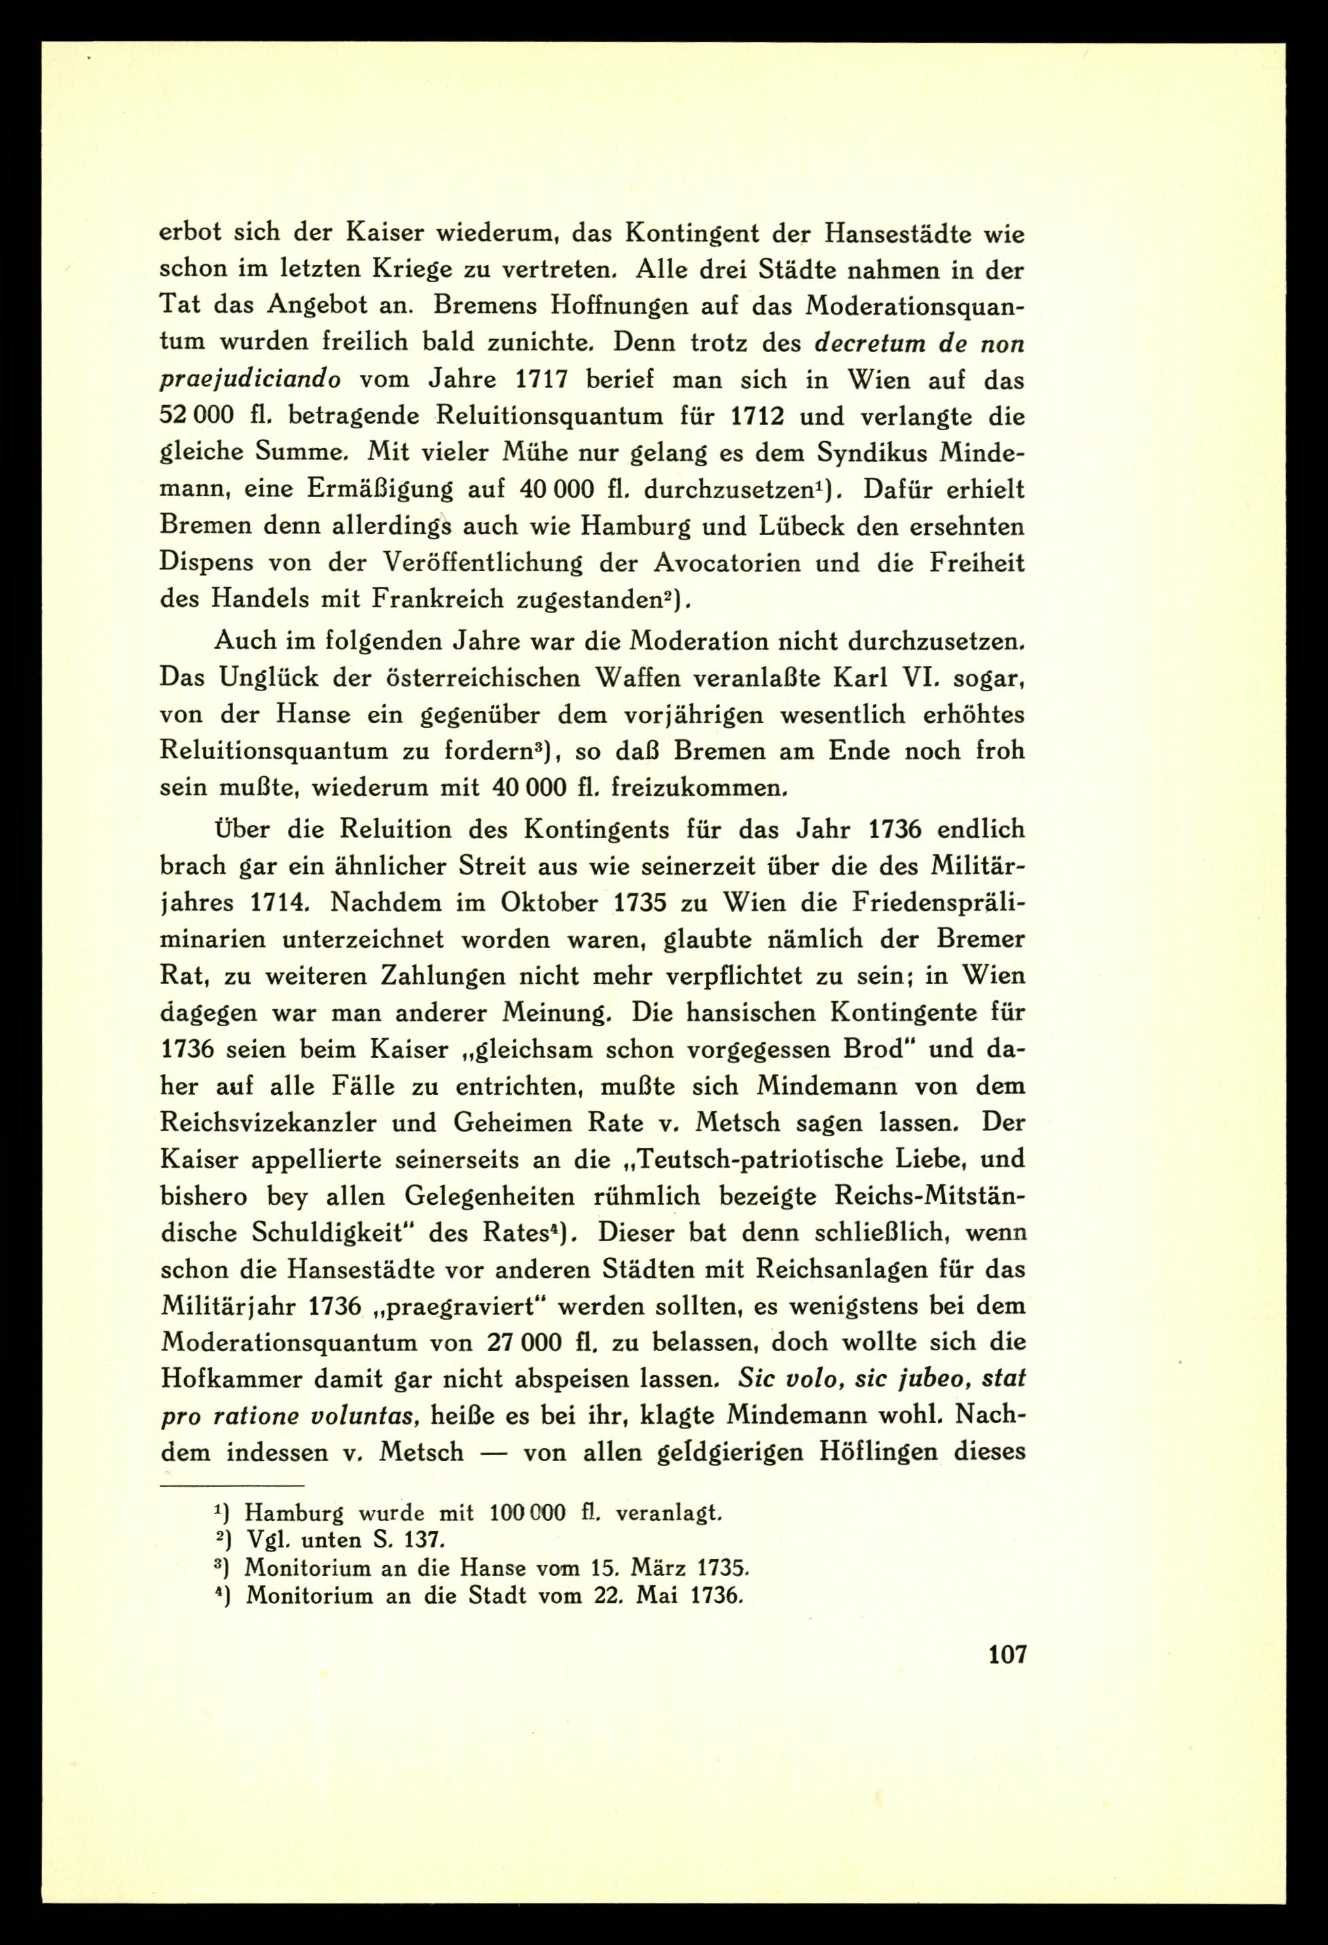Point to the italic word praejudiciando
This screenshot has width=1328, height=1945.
coord(250,381)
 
